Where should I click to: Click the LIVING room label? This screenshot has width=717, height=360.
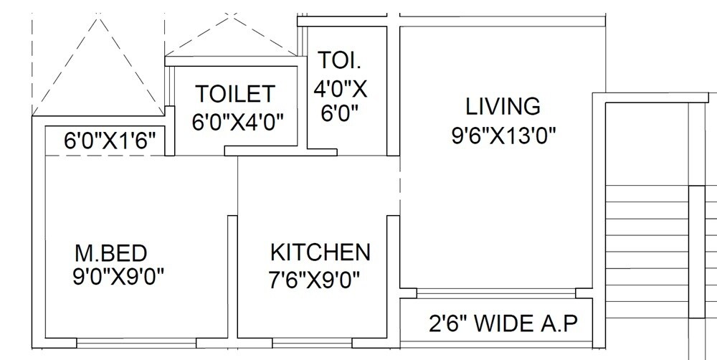point(503,106)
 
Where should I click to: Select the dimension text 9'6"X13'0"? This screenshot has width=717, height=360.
point(504,136)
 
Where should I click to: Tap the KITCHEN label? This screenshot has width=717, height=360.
point(320,252)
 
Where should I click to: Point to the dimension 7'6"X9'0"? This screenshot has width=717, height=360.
point(315,279)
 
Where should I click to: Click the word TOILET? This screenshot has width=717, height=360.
point(236,94)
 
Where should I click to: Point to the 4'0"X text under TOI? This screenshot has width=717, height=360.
point(341,89)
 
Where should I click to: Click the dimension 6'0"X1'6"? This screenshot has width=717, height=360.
point(110,141)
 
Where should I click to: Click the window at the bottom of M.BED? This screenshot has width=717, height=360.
point(136,343)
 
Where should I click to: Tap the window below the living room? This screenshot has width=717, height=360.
point(496,293)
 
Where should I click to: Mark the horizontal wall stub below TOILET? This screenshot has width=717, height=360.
point(280,151)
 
